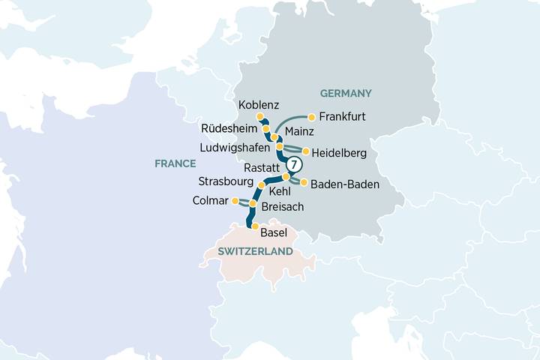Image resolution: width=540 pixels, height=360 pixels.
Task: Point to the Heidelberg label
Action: (338, 153)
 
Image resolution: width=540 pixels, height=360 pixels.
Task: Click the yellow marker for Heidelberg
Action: (306, 151)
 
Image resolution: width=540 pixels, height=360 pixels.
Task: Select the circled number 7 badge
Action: (294, 164)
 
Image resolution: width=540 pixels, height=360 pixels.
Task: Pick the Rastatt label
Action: (261, 167)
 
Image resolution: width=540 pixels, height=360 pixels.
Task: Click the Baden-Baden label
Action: (344, 183)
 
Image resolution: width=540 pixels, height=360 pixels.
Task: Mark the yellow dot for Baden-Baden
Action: (304, 181)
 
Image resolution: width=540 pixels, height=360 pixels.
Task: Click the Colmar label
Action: (208, 200)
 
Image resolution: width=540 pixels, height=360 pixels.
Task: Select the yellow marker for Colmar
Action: (235, 201)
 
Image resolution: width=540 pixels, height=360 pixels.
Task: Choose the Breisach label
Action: (283, 205)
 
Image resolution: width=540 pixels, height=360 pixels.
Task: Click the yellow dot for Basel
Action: (255, 226)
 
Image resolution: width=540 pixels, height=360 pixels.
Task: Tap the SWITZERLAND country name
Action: (255, 253)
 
